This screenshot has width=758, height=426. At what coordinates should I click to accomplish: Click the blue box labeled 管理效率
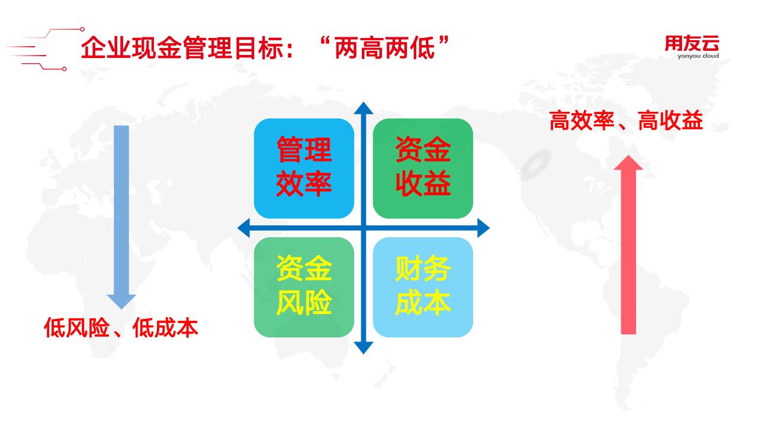coord(304,169)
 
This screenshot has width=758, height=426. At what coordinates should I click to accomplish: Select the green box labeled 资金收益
coord(423,169)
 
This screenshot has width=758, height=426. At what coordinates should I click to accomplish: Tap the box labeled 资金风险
coord(304,287)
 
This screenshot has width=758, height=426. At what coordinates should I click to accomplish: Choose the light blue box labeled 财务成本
coord(423,287)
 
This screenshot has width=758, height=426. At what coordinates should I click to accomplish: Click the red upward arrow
coord(628,245)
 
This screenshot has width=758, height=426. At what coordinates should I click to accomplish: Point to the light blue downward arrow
coord(121,217)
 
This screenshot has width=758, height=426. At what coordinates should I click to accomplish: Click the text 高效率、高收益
coord(626,120)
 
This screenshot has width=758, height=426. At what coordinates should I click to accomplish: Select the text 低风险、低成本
coord(121,327)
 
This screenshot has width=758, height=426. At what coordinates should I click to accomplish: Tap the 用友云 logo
coord(692,43)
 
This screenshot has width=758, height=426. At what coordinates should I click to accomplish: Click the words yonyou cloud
coord(698,56)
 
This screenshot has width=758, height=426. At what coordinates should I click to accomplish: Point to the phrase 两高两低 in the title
coord(385,48)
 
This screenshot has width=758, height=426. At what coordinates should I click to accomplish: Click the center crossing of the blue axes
coord(364,228)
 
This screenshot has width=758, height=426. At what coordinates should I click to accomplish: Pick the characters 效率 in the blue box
coord(304,184)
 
